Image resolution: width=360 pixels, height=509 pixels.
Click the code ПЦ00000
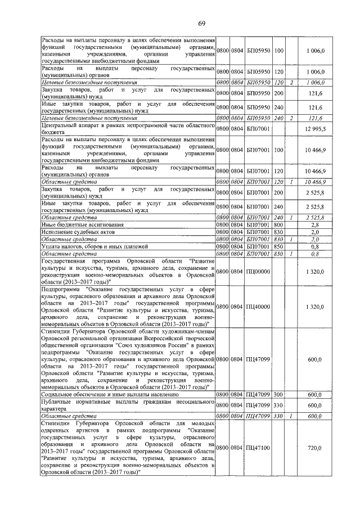[x=258, y=272]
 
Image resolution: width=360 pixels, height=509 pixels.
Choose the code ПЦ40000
[x=258, y=307]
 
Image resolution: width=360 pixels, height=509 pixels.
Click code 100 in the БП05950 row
[x=279, y=51]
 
